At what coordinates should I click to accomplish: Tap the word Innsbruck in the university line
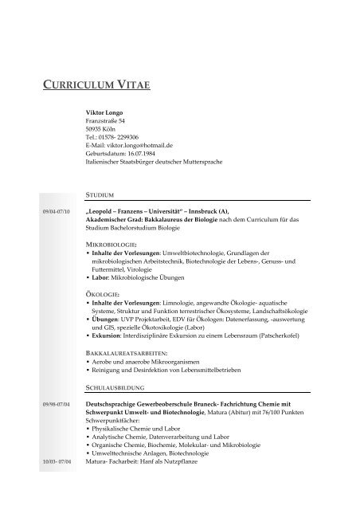coord(234,211)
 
